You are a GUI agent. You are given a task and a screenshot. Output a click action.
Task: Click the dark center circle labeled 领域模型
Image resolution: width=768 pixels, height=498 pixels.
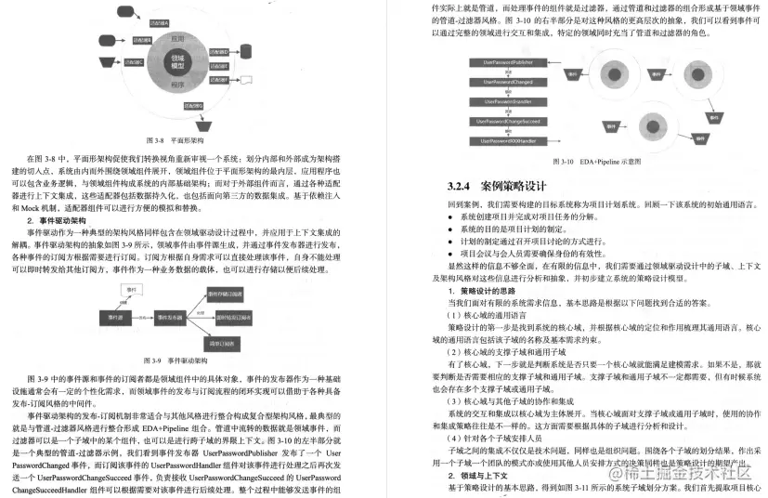(x=178, y=65)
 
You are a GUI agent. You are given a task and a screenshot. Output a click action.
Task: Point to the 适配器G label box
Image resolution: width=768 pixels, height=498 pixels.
(x=191, y=106)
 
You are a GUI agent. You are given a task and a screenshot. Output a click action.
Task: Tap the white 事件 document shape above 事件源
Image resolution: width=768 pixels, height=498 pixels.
(x=131, y=289)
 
